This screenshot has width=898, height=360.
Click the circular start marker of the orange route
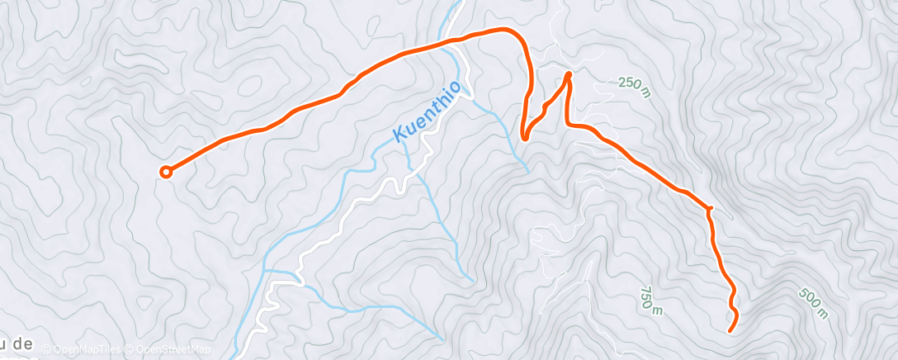[166, 172]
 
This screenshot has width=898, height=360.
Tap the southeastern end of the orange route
[730, 330]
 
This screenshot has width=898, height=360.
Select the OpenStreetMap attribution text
[173, 349]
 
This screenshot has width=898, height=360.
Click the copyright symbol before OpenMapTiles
[45, 349]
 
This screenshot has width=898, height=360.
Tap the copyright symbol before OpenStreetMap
[130, 349]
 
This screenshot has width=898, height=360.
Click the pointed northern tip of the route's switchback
[568, 75]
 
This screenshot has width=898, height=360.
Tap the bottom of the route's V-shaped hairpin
[524, 138]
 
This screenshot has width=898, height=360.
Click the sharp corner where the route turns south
[709, 206]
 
